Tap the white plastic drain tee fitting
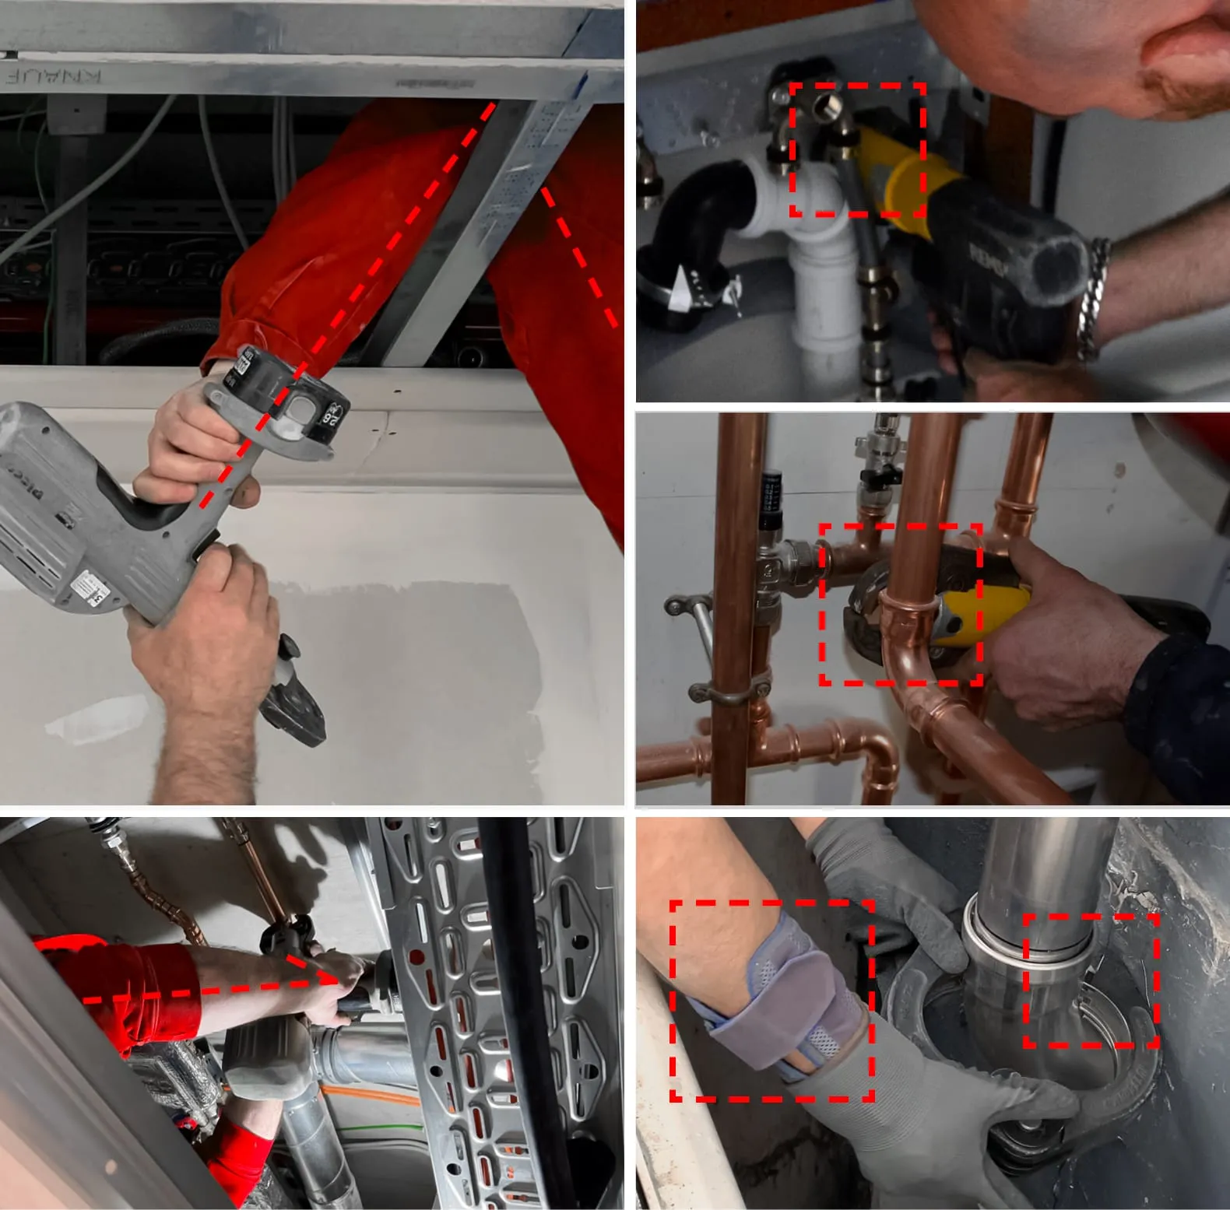pos(810,233)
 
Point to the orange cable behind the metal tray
pos(366,1097)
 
